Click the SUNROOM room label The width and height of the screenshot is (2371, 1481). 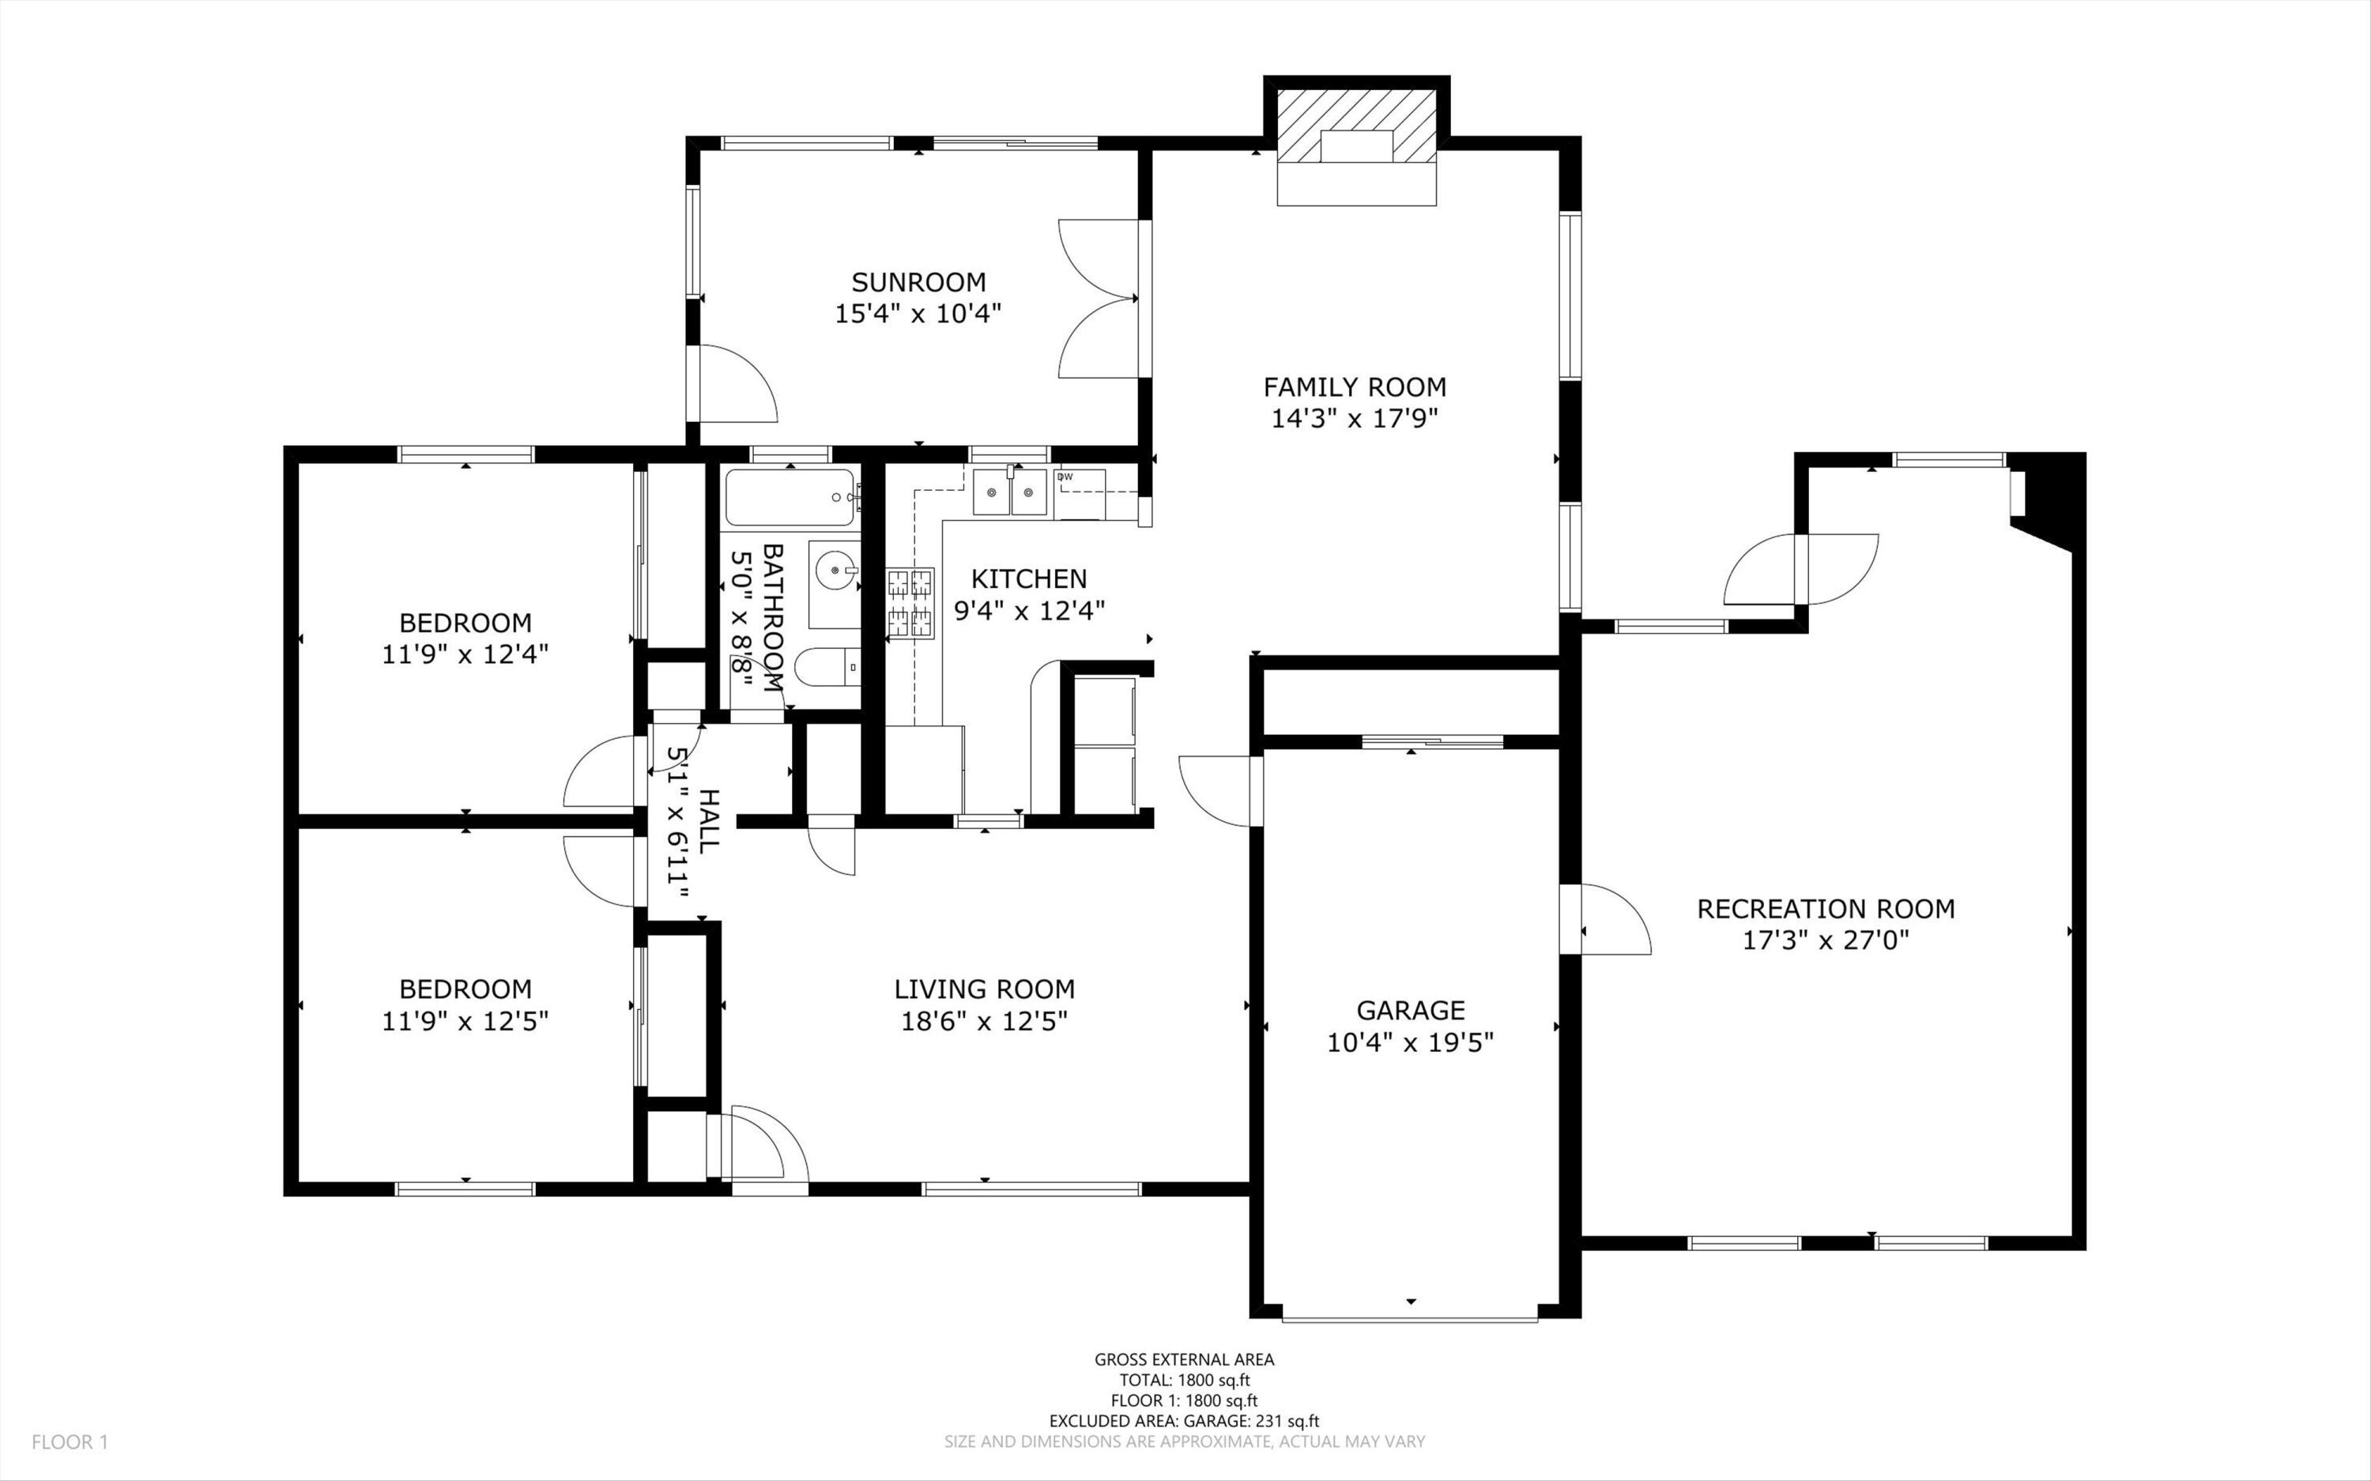point(918,282)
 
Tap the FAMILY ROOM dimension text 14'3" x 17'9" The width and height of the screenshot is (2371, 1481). point(1355,419)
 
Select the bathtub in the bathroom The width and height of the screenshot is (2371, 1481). point(791,498)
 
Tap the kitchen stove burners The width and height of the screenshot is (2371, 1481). point(910,603)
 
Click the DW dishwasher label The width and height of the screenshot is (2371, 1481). point(1065,477)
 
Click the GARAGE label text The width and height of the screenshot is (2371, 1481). point(1410,1010)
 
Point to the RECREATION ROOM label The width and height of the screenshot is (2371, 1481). point(1826,909)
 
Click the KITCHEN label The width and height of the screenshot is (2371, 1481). point(1028,578)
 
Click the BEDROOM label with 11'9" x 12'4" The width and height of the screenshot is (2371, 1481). point(466,623)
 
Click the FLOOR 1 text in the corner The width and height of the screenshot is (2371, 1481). point(70,1441)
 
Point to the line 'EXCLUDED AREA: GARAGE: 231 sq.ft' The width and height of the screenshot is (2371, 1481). point(1184,1421)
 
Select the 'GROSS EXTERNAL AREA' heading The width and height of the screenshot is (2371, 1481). point(1184,1359)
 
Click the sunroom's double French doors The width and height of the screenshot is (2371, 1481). point(1099,299)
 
